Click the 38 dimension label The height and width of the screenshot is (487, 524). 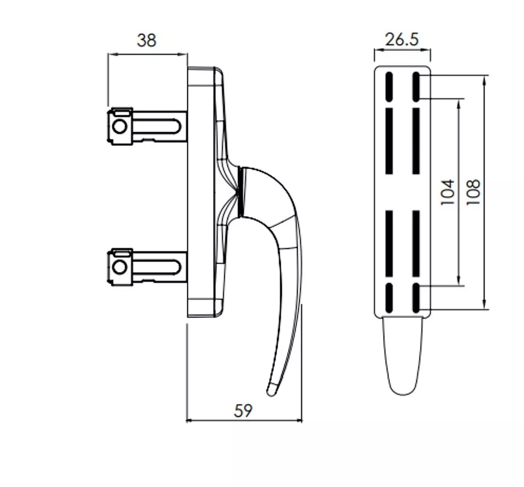pyautogui.click(x=147, y=40)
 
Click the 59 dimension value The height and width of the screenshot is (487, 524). pyautogui.click(x=243, y=410)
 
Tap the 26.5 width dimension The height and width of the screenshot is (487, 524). pyautogui.click(x=402, y=40)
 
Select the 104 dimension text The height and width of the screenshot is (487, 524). pyautogui.click(x=448, y=192)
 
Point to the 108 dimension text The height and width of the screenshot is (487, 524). pyautogui.click(x=473, y=192)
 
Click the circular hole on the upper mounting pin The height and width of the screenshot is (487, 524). pyautogui.click(x=120, y=126)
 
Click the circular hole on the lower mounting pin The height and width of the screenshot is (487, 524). pyautogui.click(x=120, y=267)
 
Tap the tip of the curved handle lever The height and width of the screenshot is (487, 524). pyautogui.click(x=270, y=394)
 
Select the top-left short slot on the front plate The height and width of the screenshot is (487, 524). pyautogui.click(x=389, y=87)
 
